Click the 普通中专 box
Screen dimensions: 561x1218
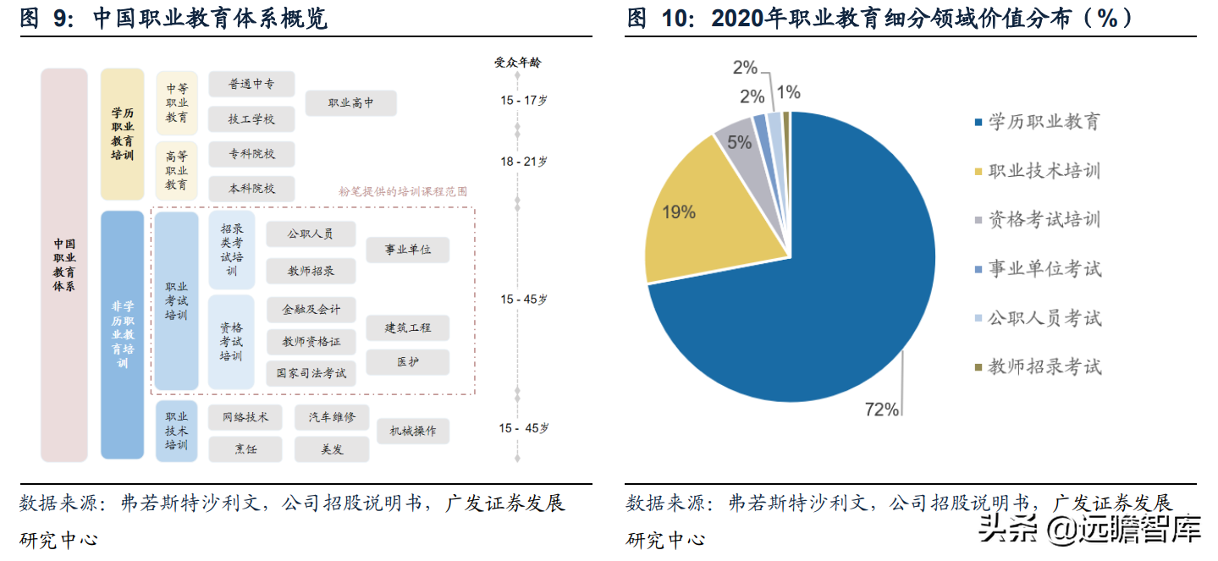point(251,85)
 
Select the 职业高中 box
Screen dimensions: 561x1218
point(350,103)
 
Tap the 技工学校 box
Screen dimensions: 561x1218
point(251,119)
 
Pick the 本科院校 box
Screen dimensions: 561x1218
point(251,189)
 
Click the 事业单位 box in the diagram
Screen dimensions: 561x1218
point(407,250)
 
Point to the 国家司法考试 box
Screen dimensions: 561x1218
point(311,372)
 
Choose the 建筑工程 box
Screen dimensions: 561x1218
point(407,327)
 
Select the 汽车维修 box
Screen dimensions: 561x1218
point(332,416)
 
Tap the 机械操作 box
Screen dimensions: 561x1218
point(413,431)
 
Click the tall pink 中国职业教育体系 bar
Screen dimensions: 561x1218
point(64,265)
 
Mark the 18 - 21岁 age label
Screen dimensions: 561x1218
point(523,162)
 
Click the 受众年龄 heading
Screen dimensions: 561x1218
point(517,62)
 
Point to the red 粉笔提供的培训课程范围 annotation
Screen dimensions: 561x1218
point(403,192)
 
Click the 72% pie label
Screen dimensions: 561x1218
point(881,410)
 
